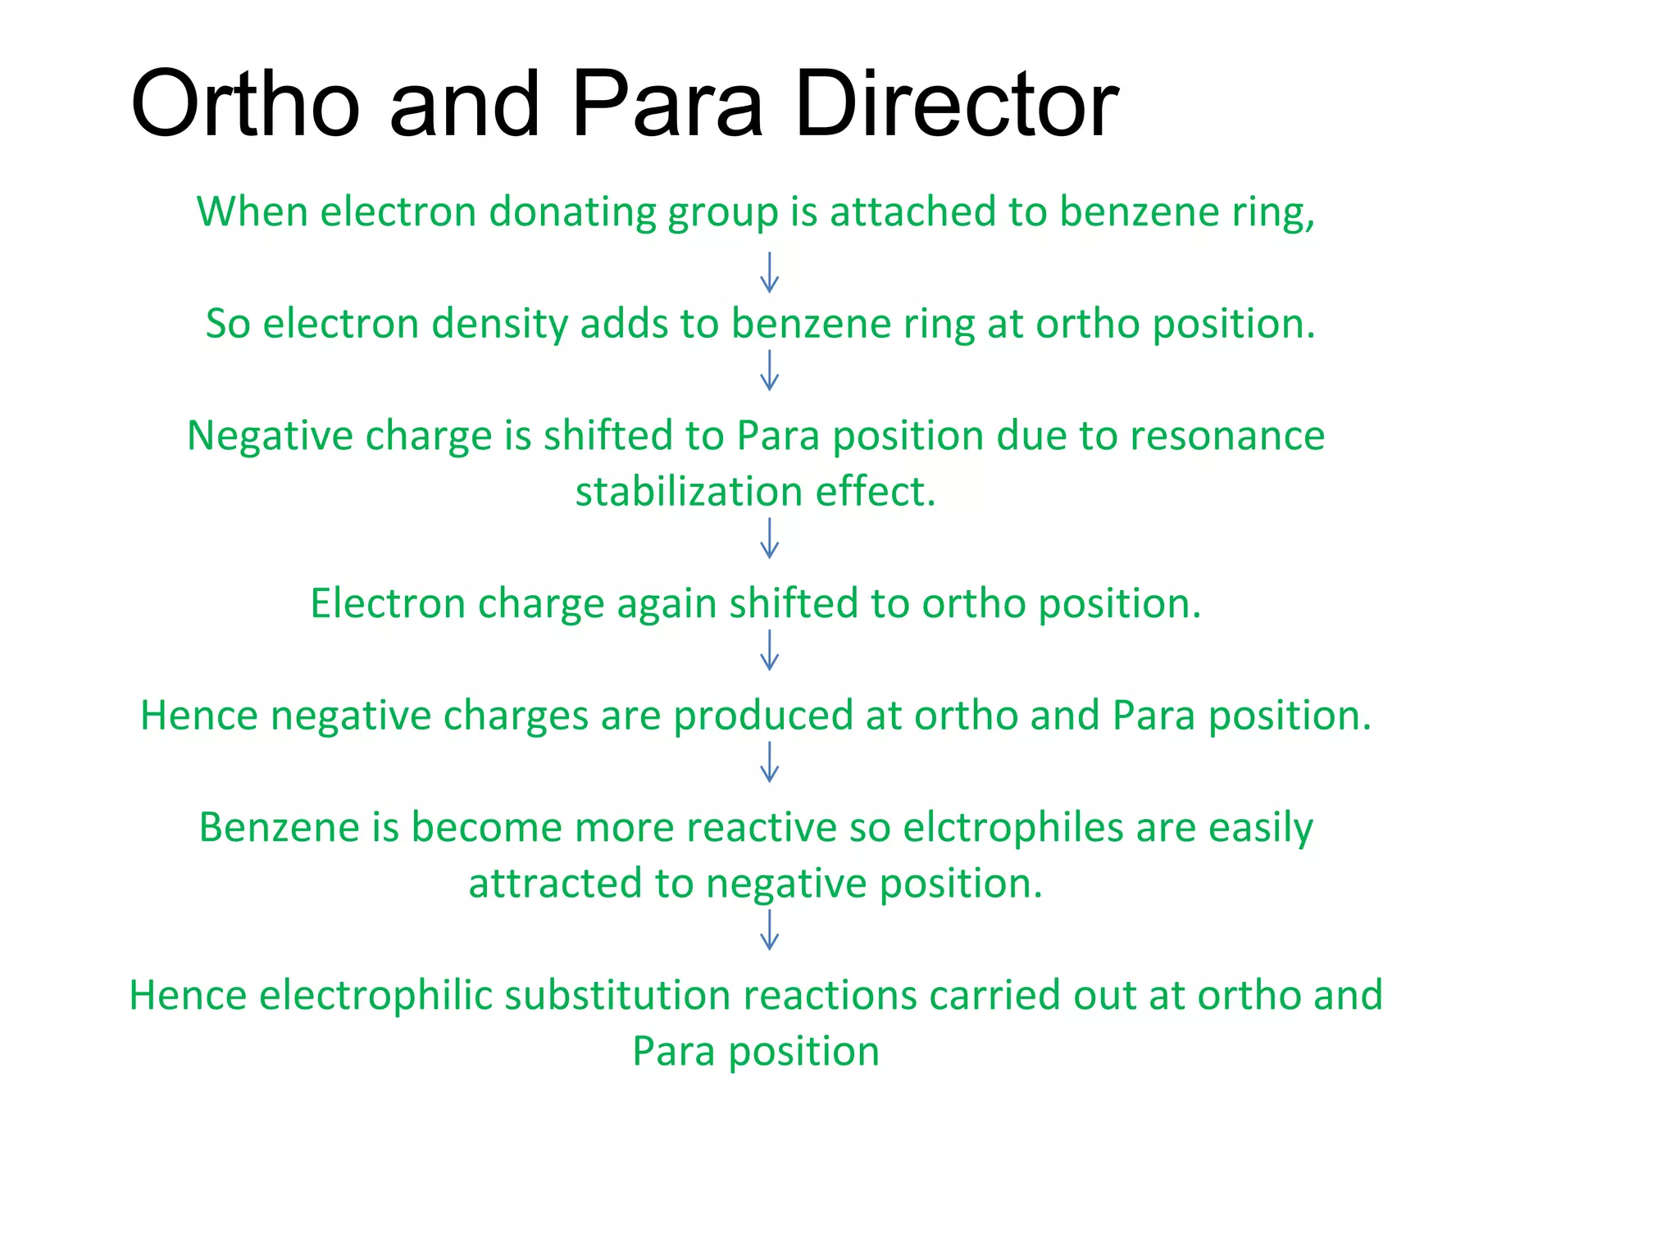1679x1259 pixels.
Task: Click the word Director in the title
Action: (956, 104)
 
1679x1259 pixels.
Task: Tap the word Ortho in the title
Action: (244, 104)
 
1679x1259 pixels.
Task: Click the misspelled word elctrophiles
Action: (1012, 827)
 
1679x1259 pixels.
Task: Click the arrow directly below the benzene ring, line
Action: (769, 272)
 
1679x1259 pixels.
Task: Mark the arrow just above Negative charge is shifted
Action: (769, 370)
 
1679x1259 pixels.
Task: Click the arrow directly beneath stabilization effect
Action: (769, 539)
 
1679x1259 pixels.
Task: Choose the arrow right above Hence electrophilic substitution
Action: (769, 930)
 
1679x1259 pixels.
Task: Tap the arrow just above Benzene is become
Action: (769, 762)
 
